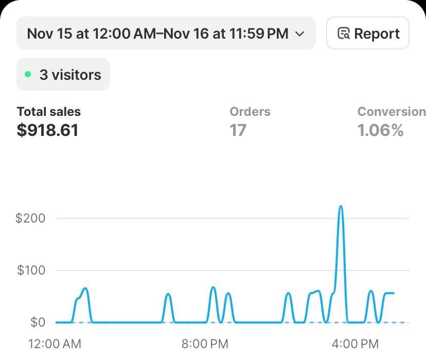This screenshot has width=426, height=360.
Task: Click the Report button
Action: pos(368,33)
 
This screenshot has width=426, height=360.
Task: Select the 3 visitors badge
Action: pos(63,74)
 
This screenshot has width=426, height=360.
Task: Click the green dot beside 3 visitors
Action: pos(28,74)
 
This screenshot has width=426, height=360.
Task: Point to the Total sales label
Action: pos(49,111)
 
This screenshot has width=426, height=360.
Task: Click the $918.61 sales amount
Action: pos(48,130)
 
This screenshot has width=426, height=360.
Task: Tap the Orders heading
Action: pos(250,111)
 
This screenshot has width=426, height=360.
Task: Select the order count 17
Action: pos(238,130)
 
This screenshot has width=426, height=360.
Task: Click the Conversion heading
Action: pos(391,111)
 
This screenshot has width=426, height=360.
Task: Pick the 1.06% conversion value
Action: pos(381,130)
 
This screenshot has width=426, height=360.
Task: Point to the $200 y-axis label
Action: pos(31,218)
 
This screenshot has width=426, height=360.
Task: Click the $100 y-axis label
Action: pos(31,270)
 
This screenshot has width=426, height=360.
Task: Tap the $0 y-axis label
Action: pos(38,322)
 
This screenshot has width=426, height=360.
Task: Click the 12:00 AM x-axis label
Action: pos(55,344)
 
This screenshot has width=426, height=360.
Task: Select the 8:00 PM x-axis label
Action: pos(205,344)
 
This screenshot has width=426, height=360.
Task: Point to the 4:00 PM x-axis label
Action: pos(355,344)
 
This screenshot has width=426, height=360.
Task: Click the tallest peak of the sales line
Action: pos(341,207)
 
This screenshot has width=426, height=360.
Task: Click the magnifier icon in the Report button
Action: pos(343,33)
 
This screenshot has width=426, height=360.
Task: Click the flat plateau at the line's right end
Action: pos(389,293)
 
